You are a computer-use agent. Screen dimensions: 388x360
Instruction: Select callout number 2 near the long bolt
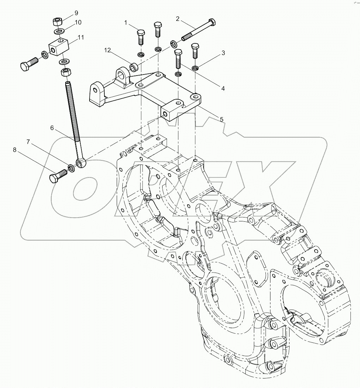(x=177, y=19)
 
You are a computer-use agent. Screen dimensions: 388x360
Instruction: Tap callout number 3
(x=223, y=53)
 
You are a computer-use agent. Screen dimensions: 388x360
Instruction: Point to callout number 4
(x=223, y=89)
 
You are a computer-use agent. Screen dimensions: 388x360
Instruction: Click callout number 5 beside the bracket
(x=221, y=119)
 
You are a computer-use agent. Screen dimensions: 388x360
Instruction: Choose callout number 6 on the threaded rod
(x=52, y=128)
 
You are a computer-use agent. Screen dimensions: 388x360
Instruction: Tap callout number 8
(x=15, y=150)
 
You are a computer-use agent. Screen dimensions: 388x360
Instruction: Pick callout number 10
(x=78, y=22)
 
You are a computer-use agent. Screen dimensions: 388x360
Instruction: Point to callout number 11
(x=81, y=37)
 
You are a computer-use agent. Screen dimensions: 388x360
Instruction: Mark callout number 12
(x=108, y=50)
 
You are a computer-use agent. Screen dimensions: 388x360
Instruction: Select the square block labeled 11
(x=58, y=47)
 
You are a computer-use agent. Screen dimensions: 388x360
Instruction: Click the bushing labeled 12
(x=134, y=66)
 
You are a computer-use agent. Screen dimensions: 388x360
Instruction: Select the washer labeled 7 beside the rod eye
(x=71, y=168)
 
